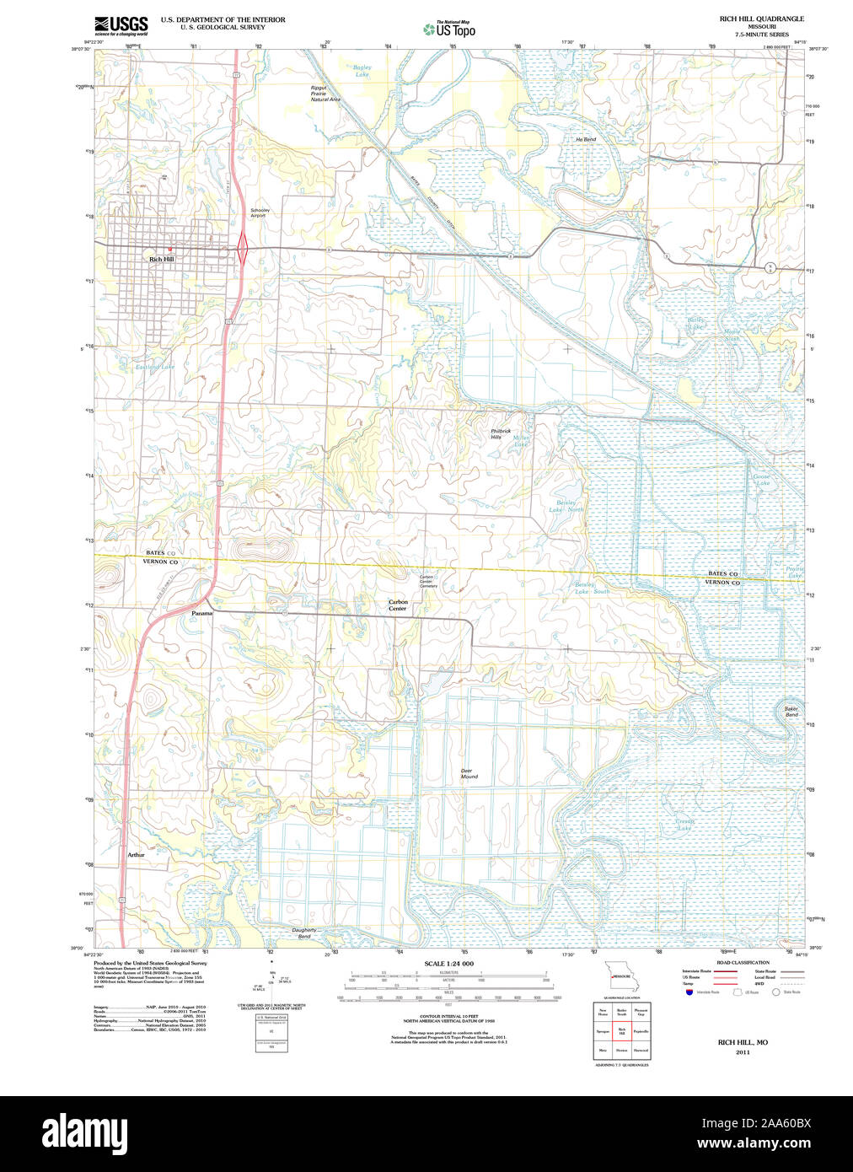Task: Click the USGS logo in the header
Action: tap(121, 25)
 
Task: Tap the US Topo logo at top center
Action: tap(449, 30)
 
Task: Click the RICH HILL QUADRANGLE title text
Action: tap(761, 19)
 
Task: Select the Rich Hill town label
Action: tap(161, 260)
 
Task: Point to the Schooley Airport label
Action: tap(259, 212)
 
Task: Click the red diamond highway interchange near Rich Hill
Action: tap(243, 248)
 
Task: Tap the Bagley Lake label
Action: tap(362, 71)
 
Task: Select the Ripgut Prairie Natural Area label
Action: tap(325, 94)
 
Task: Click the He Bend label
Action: tap(586, 139)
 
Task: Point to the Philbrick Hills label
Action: tap(502, 434)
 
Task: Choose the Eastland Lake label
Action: tap(156, 367)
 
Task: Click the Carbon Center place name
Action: tap(398, 605)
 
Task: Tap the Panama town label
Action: tap(202, 613)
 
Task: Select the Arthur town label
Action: tap(137, 855)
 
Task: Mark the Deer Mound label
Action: tap(469, 773)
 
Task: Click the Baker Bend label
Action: tap(791, 712)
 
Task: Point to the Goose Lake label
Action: tap(761, 480)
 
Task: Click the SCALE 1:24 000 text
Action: tap(448, 964)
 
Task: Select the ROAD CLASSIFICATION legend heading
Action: tap(743, 962)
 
